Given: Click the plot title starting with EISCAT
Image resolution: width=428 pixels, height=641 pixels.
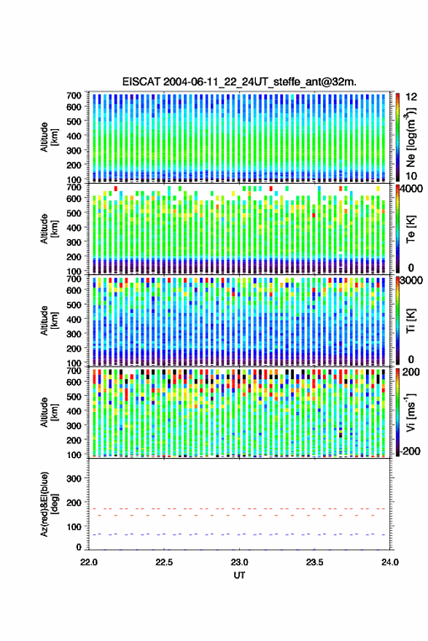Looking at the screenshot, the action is (x=239, y=82).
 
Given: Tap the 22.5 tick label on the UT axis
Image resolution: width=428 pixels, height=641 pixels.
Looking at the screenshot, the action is (x=164, y=562).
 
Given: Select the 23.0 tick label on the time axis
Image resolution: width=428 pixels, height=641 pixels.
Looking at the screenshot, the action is (x=239, y=562).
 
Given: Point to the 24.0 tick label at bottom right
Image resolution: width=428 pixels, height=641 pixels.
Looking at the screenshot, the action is (x=389, y=562).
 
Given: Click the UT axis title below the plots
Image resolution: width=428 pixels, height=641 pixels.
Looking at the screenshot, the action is (x=239, y=575).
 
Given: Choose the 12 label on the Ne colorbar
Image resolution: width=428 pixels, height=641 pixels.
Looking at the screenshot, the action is (x=412, y=97).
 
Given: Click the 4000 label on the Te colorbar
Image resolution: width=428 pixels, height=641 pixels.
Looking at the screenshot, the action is (x=411, y=188).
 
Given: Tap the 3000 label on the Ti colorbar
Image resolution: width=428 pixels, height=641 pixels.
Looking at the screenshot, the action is (x=411, y=281).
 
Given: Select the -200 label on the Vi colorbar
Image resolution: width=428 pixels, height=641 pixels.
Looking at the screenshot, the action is (x=410, y=451).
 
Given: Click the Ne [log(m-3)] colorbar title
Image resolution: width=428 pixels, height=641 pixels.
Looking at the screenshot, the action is (x=410, y=137).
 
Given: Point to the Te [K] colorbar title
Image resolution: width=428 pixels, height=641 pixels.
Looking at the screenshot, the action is (x=411, y=229).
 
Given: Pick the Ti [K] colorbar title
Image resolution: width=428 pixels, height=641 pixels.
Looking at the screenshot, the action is (x=411, y=321).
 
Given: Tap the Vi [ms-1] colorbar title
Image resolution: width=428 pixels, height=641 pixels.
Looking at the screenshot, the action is (x=410, y=412).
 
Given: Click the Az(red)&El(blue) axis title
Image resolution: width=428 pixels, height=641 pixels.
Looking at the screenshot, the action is (x=49, y=504).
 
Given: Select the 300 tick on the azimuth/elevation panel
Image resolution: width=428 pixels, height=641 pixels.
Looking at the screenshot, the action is (x=74, y=478).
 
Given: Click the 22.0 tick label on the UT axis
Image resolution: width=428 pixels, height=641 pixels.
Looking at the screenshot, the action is (x=89, y=562).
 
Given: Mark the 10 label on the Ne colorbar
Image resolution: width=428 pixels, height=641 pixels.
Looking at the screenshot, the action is (x=412, y=176).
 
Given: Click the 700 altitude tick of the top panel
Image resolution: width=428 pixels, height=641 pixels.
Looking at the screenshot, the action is (x=74, y=96).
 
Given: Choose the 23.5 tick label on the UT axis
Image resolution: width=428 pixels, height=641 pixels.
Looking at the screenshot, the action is (x=314, y=562).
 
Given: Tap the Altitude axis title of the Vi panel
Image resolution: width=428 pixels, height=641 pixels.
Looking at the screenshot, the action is (x=49, y=412).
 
